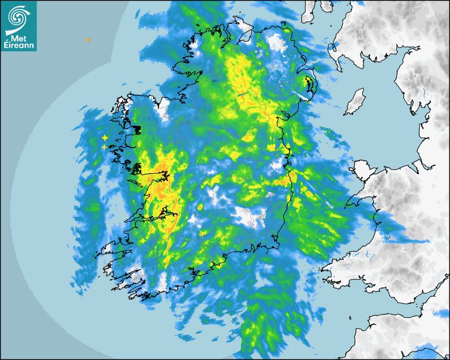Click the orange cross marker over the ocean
tap(88, 40)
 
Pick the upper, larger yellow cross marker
tap(105, 138)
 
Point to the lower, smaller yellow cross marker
tap(104, 147)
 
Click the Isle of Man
tap(355, 102)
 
